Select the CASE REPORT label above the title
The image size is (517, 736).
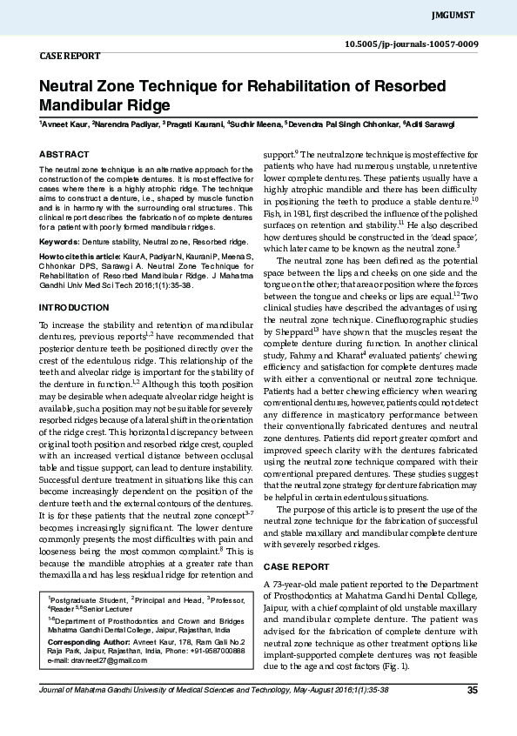[x=70, y=55]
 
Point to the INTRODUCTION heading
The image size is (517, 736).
[x=73, y=308]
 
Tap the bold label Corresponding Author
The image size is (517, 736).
[x=87, y=639]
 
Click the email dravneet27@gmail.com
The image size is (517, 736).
[x=97, y=660]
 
